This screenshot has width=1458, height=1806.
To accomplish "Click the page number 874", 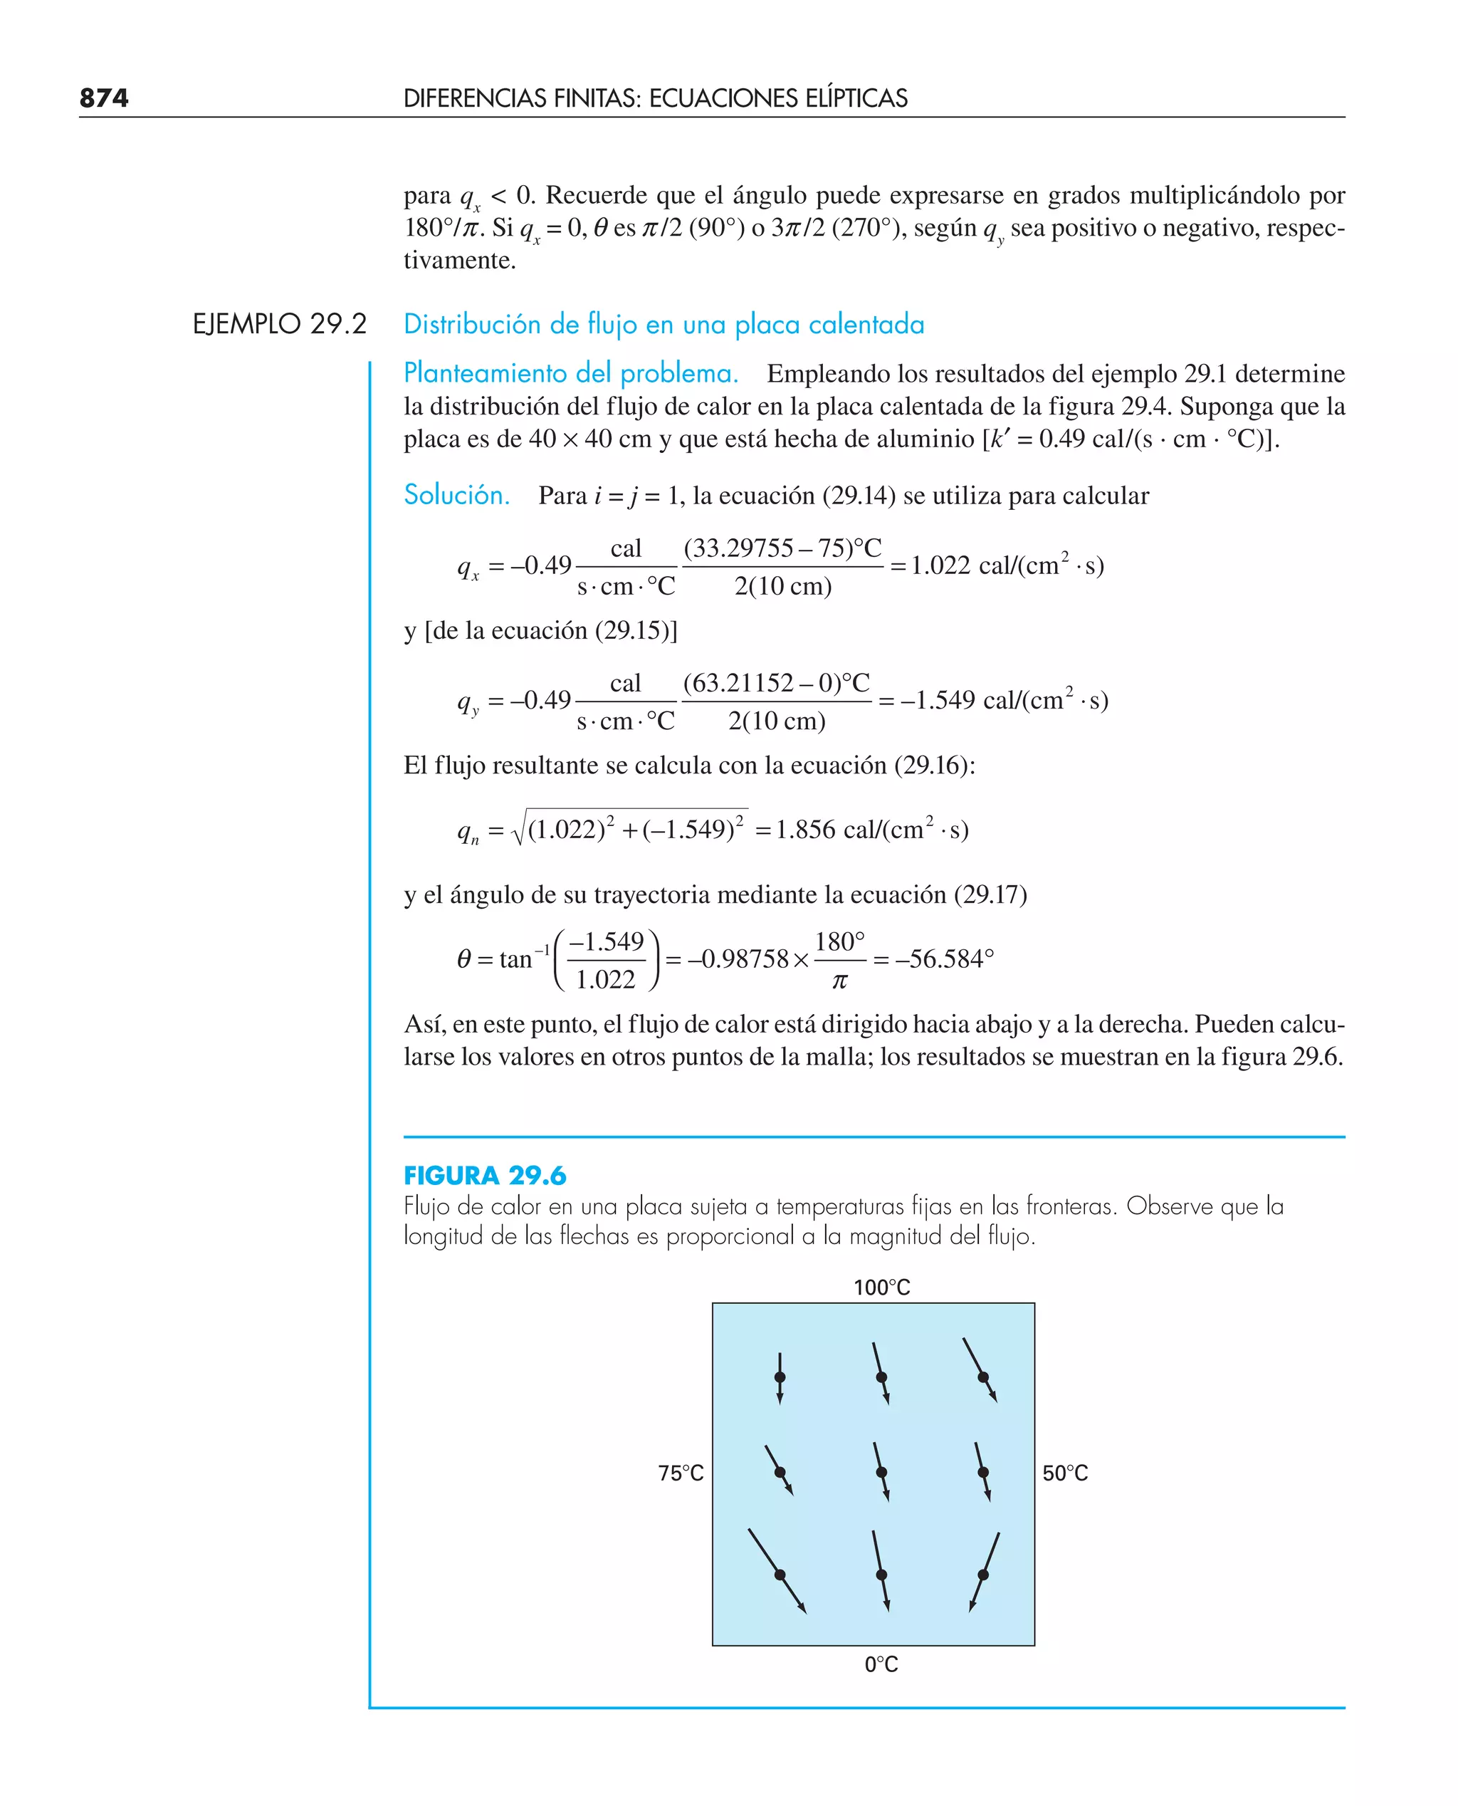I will point(104,98).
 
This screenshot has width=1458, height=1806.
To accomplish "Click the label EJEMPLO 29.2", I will point(279,324).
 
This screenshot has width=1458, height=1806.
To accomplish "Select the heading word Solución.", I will point(456,495).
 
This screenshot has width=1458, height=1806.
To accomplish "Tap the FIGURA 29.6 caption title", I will point(485,1175).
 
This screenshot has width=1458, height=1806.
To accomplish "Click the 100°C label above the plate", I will point(881,1288).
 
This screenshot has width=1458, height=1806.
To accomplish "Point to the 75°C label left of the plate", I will point(681,1473).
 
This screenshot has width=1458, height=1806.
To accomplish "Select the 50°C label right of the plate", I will point(1064,1473).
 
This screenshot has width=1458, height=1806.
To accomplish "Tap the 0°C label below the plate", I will point(881,1664).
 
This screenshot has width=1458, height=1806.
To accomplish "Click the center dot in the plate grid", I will point(881,1473).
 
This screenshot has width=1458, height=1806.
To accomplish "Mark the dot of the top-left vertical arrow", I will point(780,1377).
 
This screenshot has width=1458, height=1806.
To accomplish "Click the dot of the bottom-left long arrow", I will point(780,1574).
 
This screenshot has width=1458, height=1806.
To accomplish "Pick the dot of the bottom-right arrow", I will point(982,1574).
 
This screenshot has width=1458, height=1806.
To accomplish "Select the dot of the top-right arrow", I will point(982,1377).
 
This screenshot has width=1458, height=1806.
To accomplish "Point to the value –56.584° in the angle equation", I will point(944,959).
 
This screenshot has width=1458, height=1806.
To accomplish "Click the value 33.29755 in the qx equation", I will point(739,548).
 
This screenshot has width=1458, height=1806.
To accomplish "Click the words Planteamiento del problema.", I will point(570,373).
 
